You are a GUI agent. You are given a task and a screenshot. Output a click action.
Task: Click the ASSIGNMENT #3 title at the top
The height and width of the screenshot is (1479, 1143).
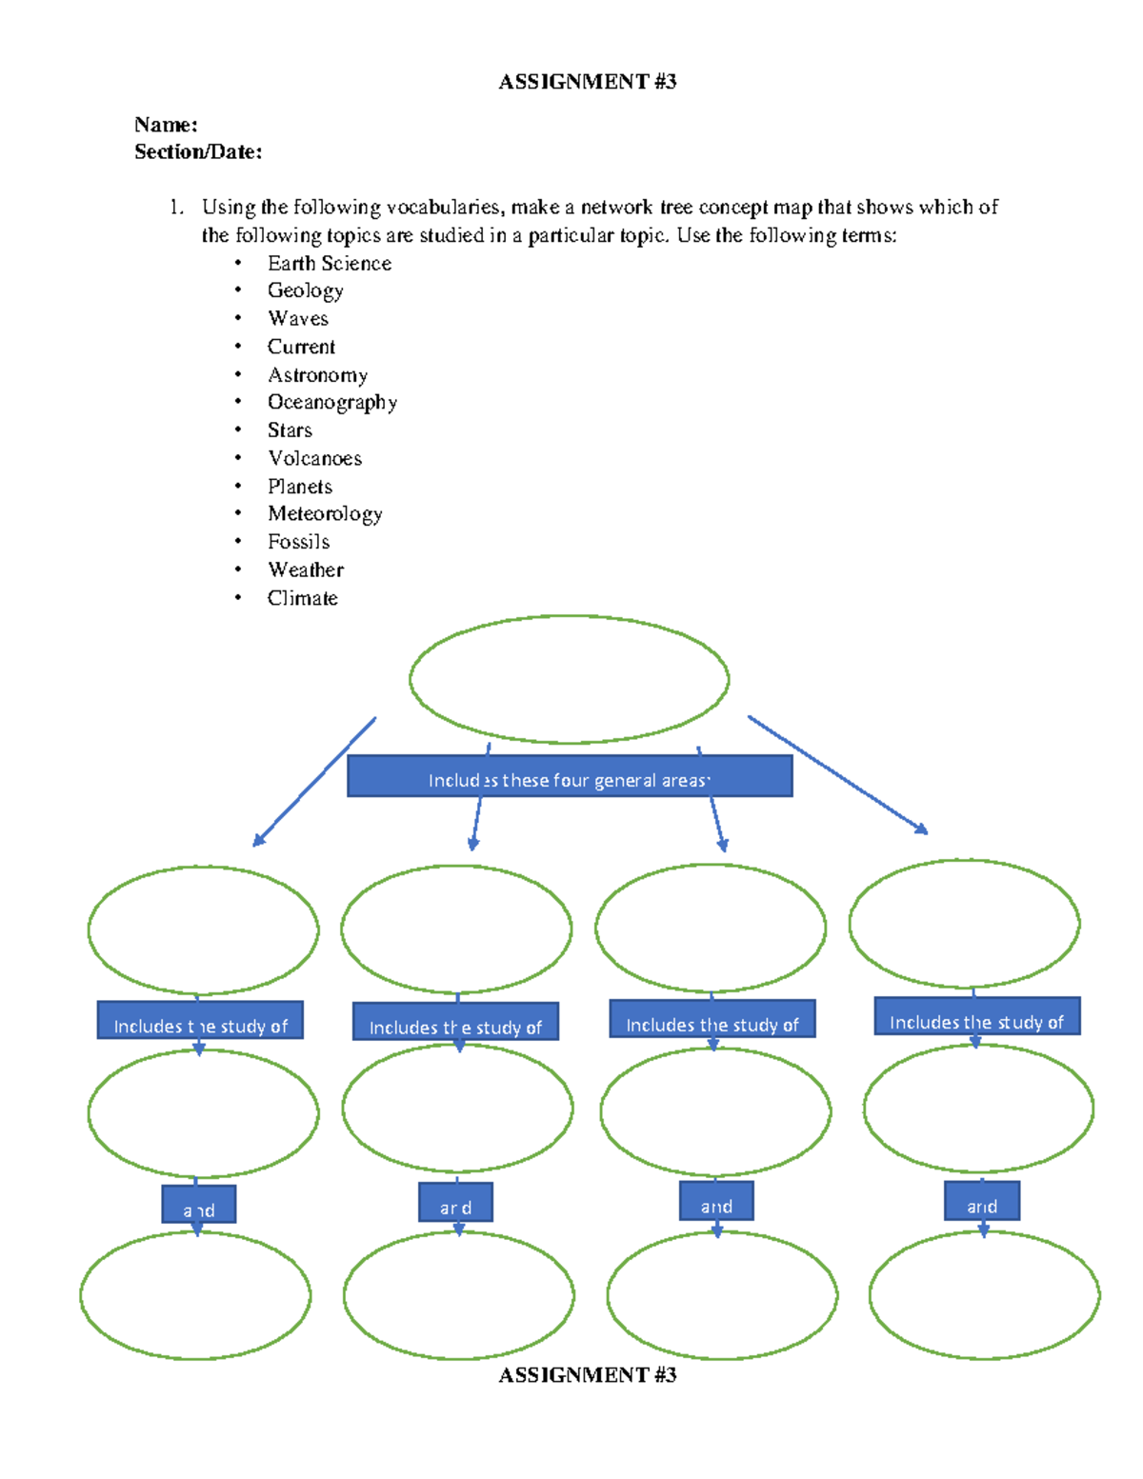point(587,82)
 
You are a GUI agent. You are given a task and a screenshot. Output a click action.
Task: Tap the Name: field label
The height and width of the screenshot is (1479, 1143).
point(166,125)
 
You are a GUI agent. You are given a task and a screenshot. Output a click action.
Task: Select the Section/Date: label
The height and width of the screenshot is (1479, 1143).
point(198,151)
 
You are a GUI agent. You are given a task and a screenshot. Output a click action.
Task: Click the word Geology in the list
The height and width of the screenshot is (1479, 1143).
point(305,290)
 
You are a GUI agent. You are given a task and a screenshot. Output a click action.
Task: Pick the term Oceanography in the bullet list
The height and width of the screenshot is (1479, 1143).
point(331,403)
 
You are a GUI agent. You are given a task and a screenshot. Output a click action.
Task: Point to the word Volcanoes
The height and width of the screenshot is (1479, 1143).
point(314,458)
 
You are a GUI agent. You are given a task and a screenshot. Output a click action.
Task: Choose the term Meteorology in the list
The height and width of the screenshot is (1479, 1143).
point(325,514)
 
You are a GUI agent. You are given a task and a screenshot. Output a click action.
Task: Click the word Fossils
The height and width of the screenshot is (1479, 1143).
point(298,542)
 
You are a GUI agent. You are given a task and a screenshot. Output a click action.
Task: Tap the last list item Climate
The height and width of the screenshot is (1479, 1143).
point(302,598)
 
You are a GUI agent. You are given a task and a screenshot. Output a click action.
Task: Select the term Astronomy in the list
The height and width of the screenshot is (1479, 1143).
point(317,375)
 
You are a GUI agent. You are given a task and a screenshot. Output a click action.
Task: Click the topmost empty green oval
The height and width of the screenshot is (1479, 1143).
point(569,679)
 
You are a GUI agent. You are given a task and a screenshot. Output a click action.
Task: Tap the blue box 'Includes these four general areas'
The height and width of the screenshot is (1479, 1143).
point(569,777)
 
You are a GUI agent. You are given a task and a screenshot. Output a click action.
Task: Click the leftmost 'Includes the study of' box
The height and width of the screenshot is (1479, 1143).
point(200,1021)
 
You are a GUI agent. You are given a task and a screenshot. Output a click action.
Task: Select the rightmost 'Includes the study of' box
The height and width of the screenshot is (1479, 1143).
point(976,1017)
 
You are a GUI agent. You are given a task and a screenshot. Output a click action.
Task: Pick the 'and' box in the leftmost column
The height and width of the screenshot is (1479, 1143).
point(198,1205)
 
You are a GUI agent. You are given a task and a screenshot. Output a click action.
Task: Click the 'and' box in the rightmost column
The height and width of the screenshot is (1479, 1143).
point(981,1202)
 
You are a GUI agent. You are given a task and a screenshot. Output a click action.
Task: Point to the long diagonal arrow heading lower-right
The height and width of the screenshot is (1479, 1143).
point(836,774)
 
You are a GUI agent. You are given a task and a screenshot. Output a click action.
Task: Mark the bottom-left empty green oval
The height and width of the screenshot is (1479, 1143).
point(195,1295)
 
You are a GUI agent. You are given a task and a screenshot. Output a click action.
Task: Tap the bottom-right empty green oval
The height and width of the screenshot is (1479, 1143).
point(984,1294)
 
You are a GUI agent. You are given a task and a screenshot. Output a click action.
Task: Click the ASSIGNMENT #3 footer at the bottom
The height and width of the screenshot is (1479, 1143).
point(587,1375)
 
